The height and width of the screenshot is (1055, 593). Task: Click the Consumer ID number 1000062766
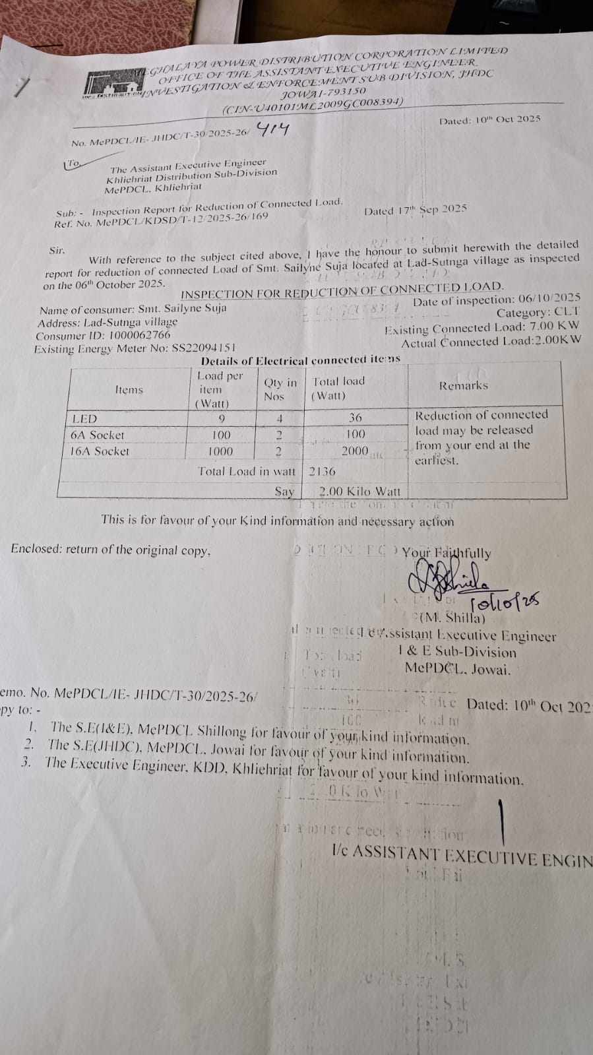[x=139, y=335]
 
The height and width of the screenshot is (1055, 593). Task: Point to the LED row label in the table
[x=84, y=419]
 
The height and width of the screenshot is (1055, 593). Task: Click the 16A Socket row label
[x=100, y=452]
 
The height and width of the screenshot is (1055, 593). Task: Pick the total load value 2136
[x=322, y=471]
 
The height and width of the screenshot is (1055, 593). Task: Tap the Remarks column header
[x=464, y=385]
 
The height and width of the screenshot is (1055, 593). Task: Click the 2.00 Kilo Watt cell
[x=359, y=492]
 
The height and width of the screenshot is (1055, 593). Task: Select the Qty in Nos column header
[x=280, y=389]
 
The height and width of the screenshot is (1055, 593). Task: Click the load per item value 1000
[x=220, y=451]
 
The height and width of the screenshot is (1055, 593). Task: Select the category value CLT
[x=567, y=312]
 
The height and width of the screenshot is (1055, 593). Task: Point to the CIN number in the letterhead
[x=312, y=106]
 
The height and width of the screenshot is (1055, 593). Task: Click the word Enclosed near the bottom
[x=36, y=550]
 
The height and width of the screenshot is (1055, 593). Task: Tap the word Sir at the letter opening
[x=57, y=251]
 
